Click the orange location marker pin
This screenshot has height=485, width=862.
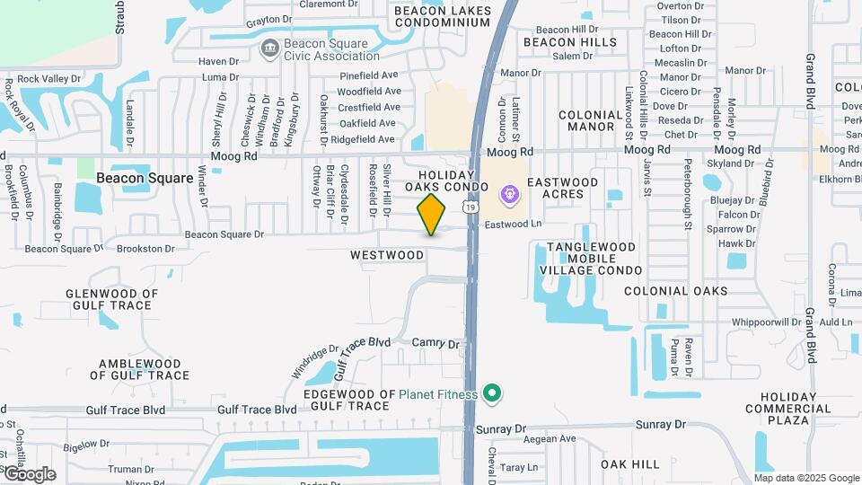[x=431, y=214]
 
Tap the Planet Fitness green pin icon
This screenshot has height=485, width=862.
[x=491, y=393]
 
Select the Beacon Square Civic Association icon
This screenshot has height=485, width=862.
[x=268, y=48]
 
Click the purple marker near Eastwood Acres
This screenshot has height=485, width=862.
[x=509, y=193]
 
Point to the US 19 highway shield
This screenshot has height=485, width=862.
[x=469, y=207]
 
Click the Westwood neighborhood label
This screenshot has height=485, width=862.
[x=386, y=255]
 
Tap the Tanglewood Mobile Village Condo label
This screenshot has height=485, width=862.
[x=591, y=258]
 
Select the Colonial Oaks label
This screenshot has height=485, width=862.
[x=675, y=291]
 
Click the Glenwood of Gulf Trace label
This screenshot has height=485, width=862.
[x=111, y=300]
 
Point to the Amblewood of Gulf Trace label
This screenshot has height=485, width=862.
[x=144, y=370]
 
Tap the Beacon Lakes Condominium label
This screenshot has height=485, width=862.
[x=443, y=16]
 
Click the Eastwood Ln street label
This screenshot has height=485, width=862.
[x=514, y=225]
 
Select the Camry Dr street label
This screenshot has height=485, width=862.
[x=435, y=344]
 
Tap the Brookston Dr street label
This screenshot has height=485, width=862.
[x=145, y=249]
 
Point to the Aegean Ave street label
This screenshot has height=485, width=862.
[x=550, y=438]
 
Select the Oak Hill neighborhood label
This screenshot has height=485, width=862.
[x=629, y=464]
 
